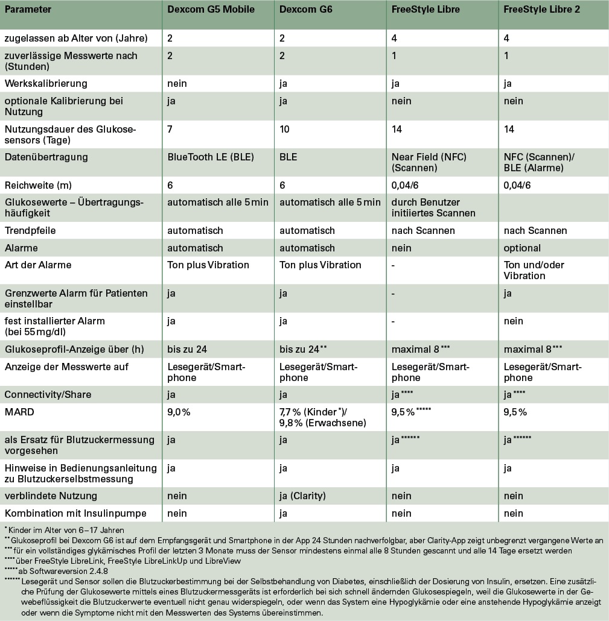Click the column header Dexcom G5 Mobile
(211, 10)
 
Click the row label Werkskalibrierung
(46, 83)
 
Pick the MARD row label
(18, 412)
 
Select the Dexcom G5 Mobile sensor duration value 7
(170, 129)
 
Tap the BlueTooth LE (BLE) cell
(211, 157)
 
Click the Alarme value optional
(522, 248)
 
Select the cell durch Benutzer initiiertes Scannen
(433, 207)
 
